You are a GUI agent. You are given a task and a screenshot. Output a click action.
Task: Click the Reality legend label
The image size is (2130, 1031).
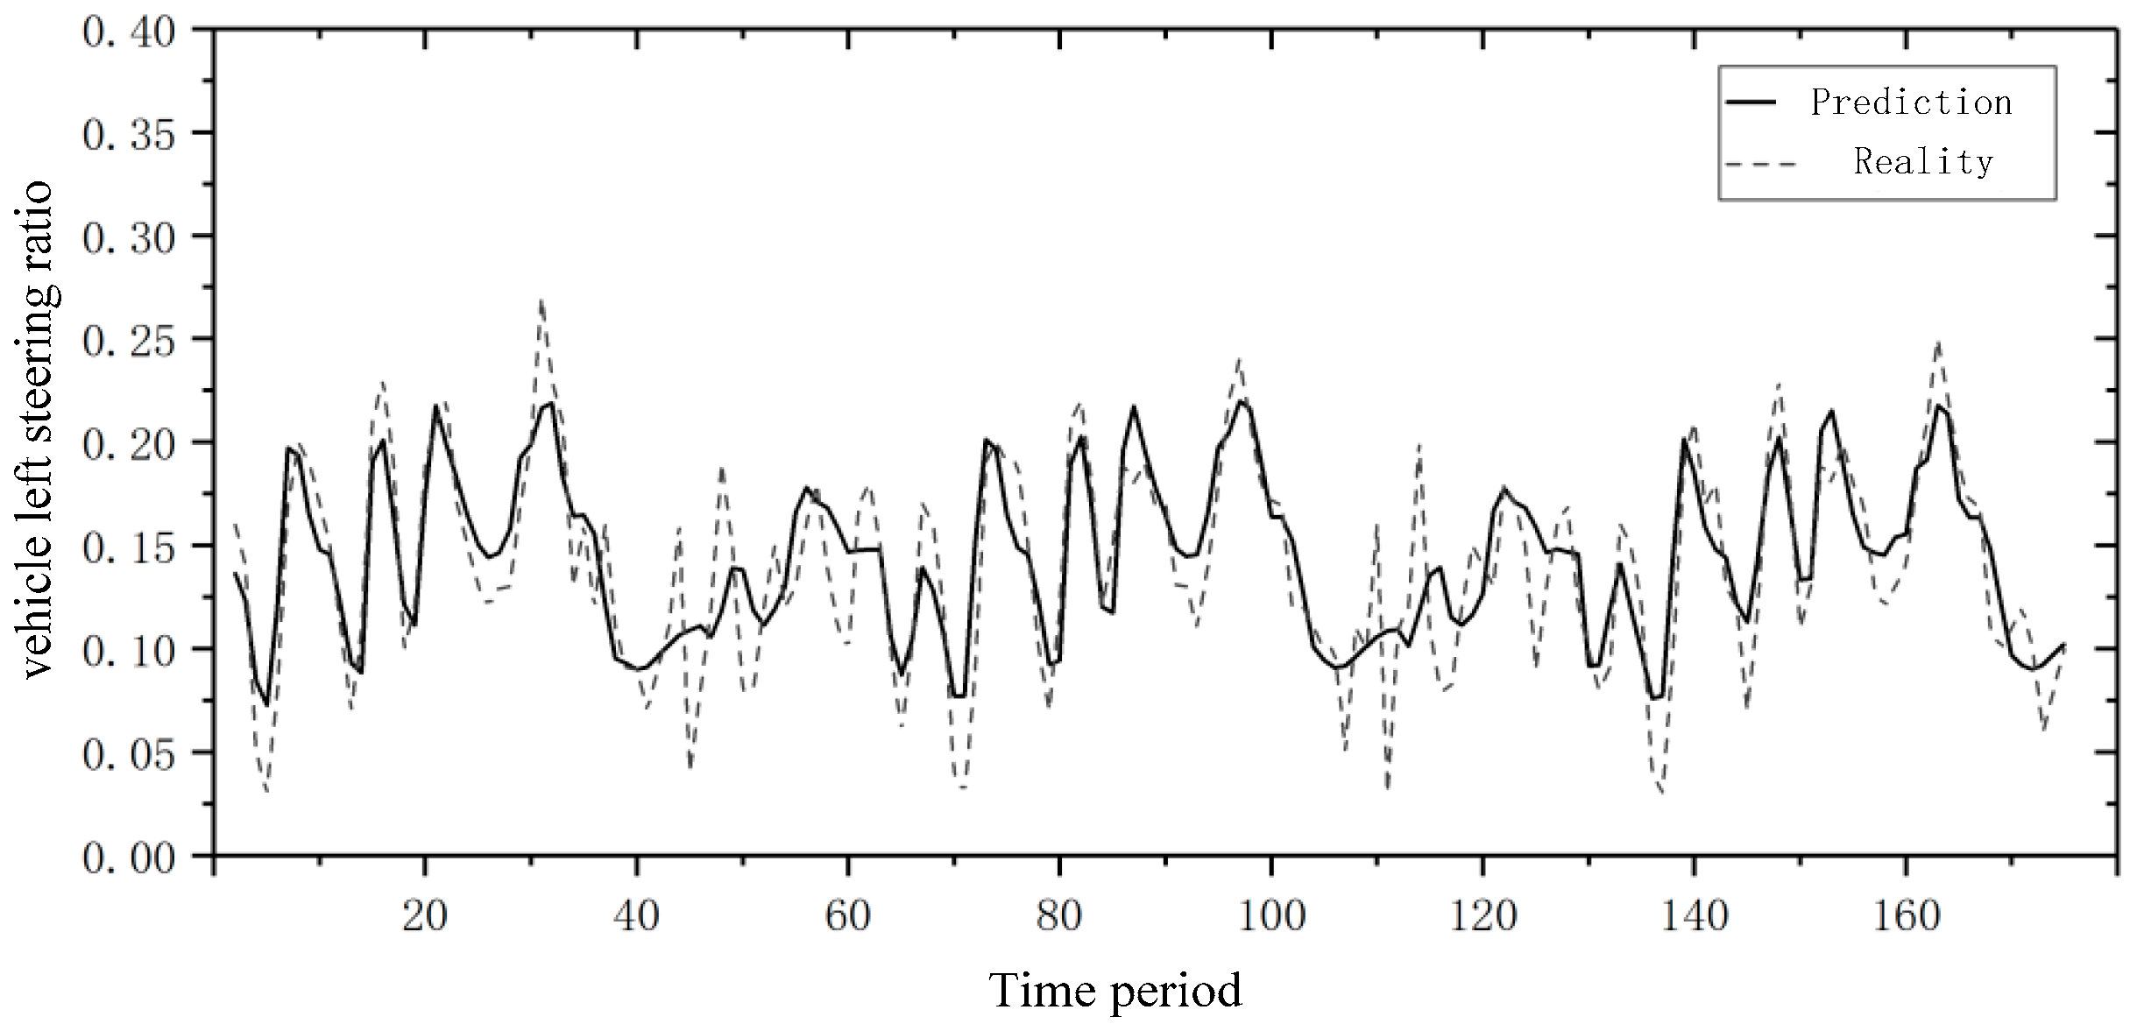click(1923, 163)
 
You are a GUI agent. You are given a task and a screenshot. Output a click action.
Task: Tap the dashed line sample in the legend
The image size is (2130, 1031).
click(1759, 164)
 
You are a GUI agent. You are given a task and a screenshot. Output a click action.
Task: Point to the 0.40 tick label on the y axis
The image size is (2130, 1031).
click(129, 32)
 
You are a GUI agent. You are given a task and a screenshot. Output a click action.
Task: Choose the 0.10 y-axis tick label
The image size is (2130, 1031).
click(129, 649)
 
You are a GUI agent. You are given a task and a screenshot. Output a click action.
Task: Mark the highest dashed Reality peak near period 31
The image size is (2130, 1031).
click(541, 301)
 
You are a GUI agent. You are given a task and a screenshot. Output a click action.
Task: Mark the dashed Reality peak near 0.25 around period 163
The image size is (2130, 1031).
click(1937, 342)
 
